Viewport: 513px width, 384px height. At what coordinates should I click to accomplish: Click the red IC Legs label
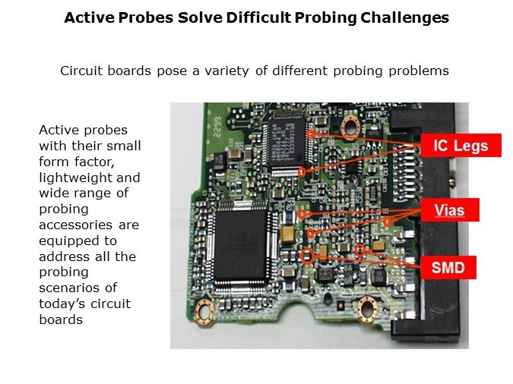pyautogui.click(x=461, y=145)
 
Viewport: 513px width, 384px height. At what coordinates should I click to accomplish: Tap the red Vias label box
pyautogui.click(x=449, y=209)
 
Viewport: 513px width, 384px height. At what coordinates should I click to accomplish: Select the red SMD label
pyautogui.click(x=448, y=267)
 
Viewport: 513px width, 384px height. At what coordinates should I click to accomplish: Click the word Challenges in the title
pyautogui.click(x=405, y=17)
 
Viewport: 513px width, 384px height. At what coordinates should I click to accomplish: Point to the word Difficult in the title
pyautogui.click(x=258, y=17)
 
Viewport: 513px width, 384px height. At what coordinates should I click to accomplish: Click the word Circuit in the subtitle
pyautogui.click(x=81, y=71)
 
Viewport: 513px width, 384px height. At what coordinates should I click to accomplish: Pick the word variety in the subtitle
pyautogui.click(x=226, y=71)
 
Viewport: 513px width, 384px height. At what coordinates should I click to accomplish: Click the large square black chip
pyautogui.click(x=241, y=245)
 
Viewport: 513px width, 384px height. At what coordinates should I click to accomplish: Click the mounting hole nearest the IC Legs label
pyautogui.click(x=350, y=127)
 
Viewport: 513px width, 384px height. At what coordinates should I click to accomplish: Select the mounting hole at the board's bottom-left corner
pyautogui.click(x=204, y=312)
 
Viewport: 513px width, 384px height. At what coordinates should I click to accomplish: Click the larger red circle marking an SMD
pyautogui.click(x=307, y=256)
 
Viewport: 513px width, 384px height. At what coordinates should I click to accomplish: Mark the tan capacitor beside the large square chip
pyautogui.click(x=288, y=235)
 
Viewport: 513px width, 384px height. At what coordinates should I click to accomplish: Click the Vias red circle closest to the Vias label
pyautogui.click(x=388, y=222)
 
